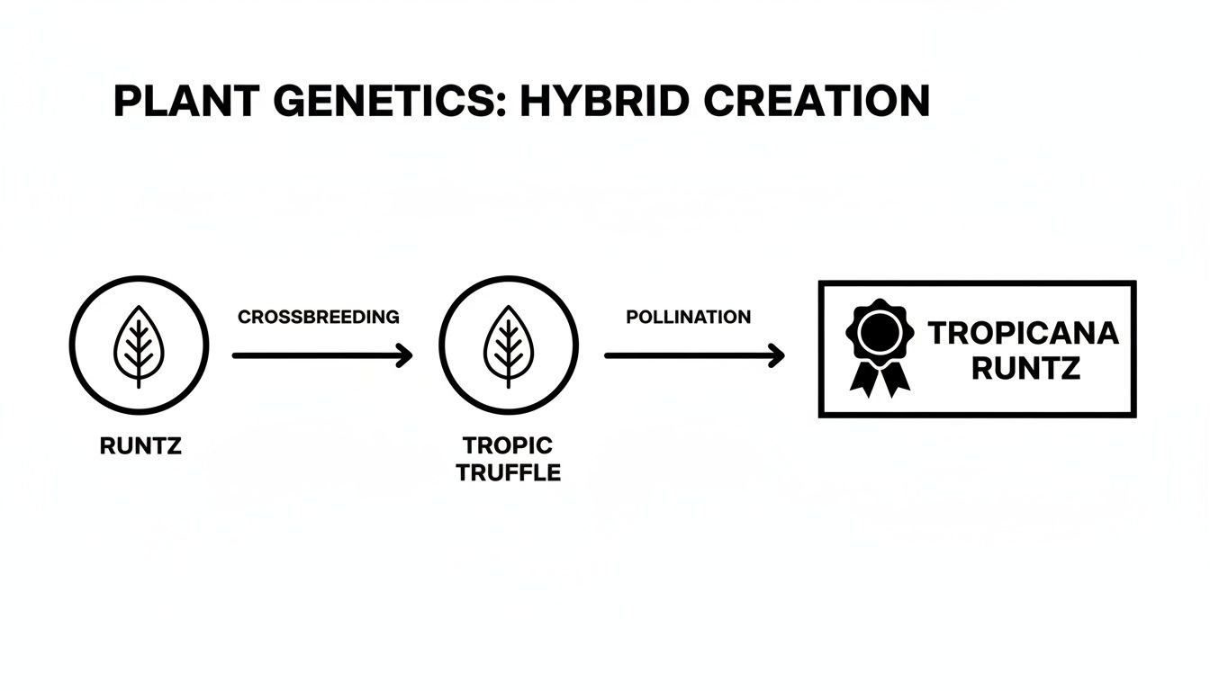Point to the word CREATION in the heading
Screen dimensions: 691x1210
(x=817, y=102)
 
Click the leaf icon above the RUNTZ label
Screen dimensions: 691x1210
(x=139, y=345)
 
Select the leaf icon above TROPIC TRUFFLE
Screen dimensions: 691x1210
(x=509, y=345)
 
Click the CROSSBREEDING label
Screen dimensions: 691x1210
(x=318, y=317)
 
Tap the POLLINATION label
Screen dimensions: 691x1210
(x=688, y=317)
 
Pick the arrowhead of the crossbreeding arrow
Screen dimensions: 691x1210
(x=405, y=355)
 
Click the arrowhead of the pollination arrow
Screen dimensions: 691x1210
(x=776, y=355)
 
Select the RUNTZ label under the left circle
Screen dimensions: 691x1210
(x=140, y=445)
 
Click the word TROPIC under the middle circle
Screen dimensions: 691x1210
(x=508, y=445)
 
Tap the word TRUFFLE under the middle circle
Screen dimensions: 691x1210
(x=508, y=472)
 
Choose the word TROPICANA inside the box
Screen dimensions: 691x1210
(x=1024, y=334)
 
